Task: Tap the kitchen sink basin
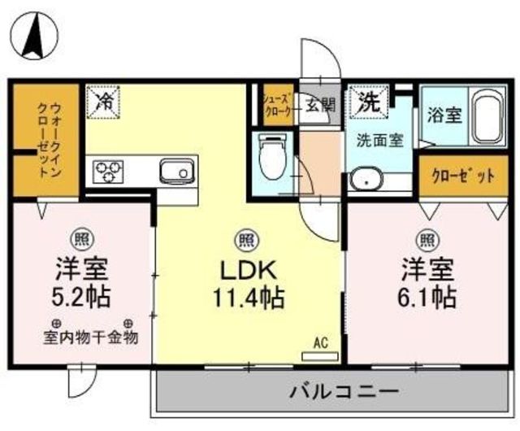(x=175, y=171)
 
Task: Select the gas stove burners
(x=110, y=172)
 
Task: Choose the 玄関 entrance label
(x=320, y=103)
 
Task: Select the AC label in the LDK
(x=321, y=344)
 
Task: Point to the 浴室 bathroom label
(x=444, y=115)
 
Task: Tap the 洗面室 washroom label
(x=379, y=140)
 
